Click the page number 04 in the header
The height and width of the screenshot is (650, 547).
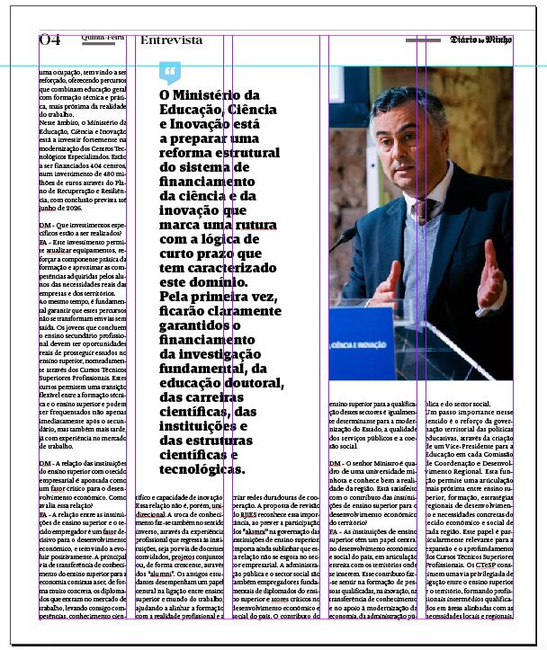coord(49,40)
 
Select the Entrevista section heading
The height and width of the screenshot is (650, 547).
coord(172,40)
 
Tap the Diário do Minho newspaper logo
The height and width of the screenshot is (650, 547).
coord(480,40)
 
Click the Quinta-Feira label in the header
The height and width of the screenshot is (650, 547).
coord(103,38)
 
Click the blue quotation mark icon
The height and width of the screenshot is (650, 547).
coord(169,72)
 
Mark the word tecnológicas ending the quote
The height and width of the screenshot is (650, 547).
coord(201,468)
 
